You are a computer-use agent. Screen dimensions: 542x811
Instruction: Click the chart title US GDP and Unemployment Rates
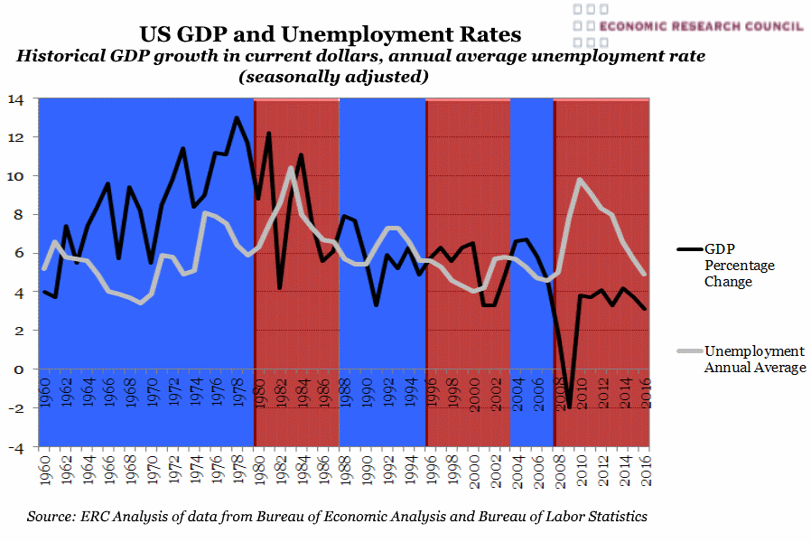click(x=330, y=34)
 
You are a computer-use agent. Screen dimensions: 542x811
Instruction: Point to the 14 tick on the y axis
click(x=16, y=99)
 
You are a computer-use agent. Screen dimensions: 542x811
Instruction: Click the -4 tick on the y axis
click(x=16, y=447)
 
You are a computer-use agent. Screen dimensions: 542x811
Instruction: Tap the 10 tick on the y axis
click(x=16, y=176)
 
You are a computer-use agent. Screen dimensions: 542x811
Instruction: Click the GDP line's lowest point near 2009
click(x=569, y=408)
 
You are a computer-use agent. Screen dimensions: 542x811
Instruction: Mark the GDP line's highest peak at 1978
click(x=237, y=117)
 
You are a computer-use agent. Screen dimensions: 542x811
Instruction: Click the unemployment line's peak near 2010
click(x=580, y=180)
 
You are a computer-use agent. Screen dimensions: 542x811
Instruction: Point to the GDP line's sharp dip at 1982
click(x=280, y=287)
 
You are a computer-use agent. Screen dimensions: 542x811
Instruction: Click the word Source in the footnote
click(x=51, y=517)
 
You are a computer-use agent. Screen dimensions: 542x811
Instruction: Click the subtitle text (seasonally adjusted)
click(x=332, y=78)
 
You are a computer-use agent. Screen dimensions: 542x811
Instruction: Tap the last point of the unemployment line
click(x=645, y=273)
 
